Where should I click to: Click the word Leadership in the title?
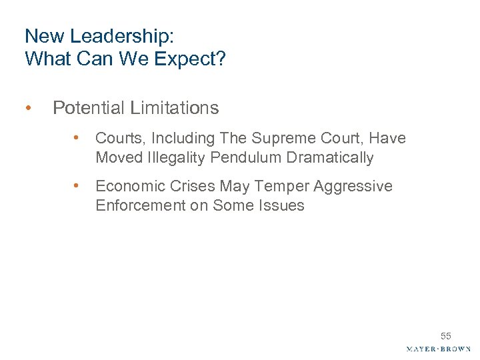(99, 35)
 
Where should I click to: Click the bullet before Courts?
(78, 138)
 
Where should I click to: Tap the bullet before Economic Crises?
(78, 186)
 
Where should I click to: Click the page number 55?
(445, 336)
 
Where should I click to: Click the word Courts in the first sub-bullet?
(120, 138)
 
